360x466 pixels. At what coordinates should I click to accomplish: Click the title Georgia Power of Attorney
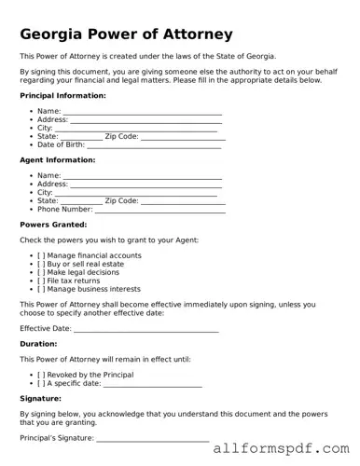coord(126,34)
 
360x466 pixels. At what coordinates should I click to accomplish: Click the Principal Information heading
coord(62,96)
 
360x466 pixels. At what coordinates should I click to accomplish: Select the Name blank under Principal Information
coord(142,112)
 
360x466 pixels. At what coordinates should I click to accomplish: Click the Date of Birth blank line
coord(153,145)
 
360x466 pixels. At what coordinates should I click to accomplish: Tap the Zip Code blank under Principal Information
coord(183,137)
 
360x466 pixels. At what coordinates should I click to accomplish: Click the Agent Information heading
coord(57,160)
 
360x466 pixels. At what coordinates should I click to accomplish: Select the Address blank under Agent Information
coord(146,185)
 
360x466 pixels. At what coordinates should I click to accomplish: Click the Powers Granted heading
coord(53,225)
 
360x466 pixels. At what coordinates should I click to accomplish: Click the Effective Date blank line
coord(145,329)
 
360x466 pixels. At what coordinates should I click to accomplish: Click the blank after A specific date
coord(152,383)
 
